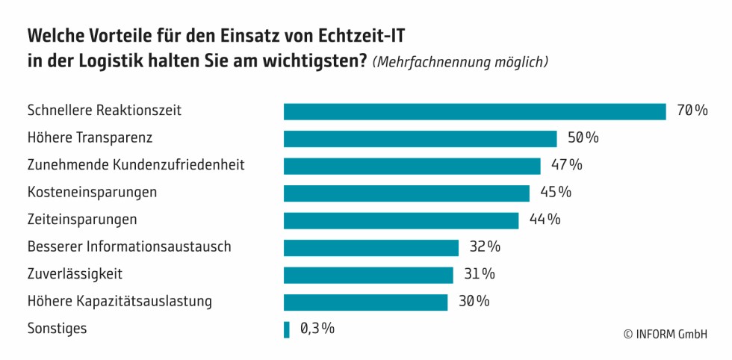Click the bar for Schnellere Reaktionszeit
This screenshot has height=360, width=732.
tap(474, 111)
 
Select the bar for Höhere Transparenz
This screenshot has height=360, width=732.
tap(420, 139)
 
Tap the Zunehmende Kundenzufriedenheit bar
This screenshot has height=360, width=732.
tap(412, 166)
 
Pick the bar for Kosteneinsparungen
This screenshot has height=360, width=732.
tap(406, 193)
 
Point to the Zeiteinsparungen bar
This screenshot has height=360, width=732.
tap(401, 220)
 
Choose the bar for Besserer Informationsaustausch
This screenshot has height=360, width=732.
tap(370, 247)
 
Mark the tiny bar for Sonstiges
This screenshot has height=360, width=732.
tap(286, 329)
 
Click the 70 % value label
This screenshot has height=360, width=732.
tap(692, 111)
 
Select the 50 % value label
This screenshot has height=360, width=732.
tap(583, 138)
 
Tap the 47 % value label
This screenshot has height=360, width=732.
tap(566, 165)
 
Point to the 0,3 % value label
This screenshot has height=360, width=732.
tap(317, 329)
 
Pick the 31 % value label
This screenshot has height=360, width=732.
tap(479, 274)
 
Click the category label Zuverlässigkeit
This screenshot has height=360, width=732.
tap(75, 274)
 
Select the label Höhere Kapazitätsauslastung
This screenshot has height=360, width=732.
tap(120, 302)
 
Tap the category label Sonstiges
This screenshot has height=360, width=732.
tap(57, 329)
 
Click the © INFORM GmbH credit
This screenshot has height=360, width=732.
tap(665, 335)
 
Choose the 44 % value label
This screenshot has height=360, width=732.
tap(545, 220)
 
